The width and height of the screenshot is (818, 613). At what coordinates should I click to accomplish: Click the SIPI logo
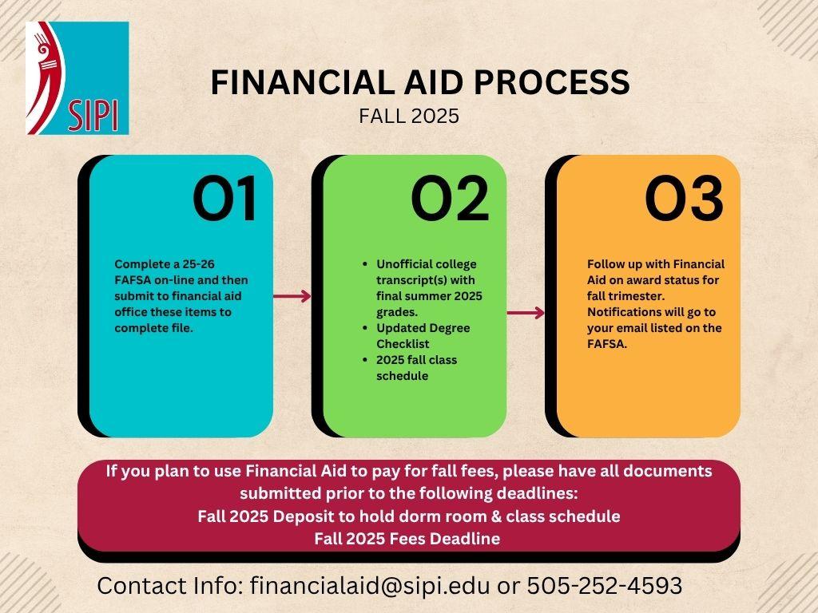coord(77,78)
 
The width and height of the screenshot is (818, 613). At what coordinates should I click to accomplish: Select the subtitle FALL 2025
coord(409,116)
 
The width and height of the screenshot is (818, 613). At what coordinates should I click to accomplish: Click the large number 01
coord(224,199)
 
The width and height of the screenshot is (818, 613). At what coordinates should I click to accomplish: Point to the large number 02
coord(451,199)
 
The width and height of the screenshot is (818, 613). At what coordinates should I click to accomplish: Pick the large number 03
coord(684,199)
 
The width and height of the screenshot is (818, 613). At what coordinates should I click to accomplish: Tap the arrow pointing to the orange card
coord(526,313)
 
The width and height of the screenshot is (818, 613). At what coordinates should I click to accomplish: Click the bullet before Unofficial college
coord(365,264)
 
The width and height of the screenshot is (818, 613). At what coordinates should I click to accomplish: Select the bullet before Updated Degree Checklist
coord(365,328)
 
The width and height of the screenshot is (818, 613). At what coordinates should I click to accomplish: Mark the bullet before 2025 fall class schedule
coord(365,360)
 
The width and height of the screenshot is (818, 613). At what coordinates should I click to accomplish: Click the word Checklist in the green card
coord(403,344)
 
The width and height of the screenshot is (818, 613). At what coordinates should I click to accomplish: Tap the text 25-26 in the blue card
coord(198,264)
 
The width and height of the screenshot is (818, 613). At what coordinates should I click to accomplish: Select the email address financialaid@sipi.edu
coord(370,586)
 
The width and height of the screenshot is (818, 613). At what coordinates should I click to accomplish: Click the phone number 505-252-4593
coord(605,586)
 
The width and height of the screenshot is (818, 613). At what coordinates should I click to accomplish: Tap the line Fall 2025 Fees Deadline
coord(407,539)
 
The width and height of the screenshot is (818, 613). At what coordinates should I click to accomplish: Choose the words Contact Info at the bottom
coord(170,586)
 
